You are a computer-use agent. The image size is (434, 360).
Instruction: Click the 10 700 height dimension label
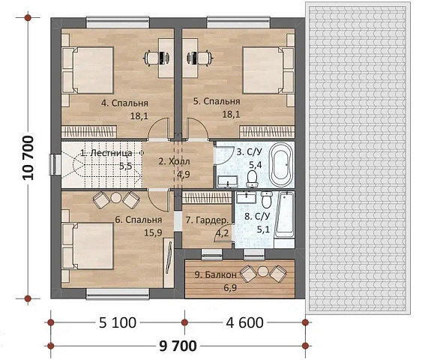pyautogui.click(x=28, y=157)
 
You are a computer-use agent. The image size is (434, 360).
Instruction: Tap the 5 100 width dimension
pyautogui.click(x=118, y=322)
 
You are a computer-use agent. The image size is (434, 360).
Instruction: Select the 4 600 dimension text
pyautogui.click(x=244, y=322)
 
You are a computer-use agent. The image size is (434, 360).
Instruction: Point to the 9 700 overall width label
pyautogui.click(x=178, y=346)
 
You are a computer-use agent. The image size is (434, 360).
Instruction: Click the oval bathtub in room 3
pyautogui.click(x=281, y=165)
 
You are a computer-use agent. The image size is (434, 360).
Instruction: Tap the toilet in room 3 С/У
pyautogui.click(x=252, y=179)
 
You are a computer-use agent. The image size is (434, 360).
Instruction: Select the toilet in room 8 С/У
pyautogui.click(x=267, y=199)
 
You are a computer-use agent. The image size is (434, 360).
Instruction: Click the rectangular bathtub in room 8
pyautogui.click(x=284, y=215)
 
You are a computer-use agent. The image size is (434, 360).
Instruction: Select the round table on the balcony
pyautogui.click(x=262, y=271)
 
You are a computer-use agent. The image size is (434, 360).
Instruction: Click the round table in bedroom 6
pyautogui.click(x=116, y=198)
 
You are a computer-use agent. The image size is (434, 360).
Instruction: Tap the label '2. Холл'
pyautogui.click(x=175, y=161)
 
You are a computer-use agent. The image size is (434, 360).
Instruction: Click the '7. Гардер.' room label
pyautogui.click(x=208, y=220)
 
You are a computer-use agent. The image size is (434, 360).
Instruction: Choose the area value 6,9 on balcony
pyautogui.click(x=230, y=288)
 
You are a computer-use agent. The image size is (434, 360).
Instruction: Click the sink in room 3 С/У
pyautogui.click(x=228, y=181)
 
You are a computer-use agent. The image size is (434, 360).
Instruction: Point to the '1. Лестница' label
pyautogui.click(x=106, y=153)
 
